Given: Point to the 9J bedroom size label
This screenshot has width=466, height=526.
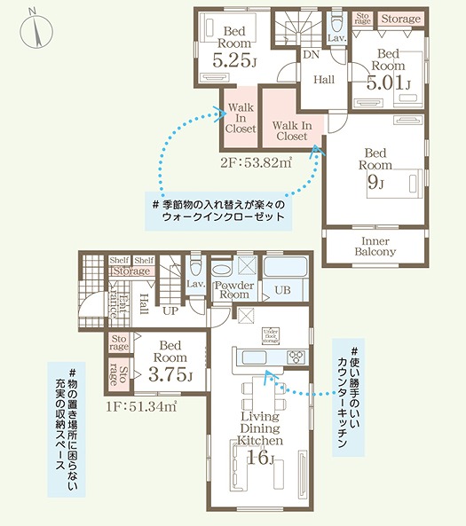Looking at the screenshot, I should tap(375, 183).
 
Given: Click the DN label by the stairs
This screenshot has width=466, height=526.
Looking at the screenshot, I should tap(311, 55).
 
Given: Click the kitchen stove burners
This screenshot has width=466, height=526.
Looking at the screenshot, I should tap(295, 357).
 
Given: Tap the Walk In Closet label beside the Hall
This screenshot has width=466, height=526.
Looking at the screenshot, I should tap(291, 130).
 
